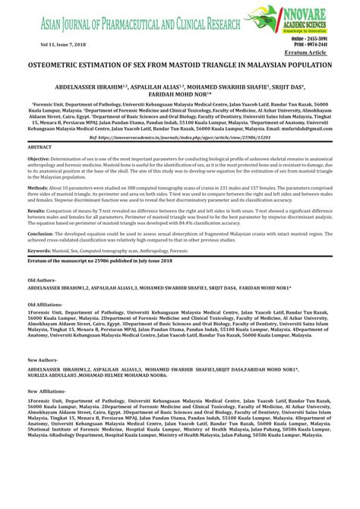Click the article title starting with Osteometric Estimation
tap(179, 66)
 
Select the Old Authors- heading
tap(46, 323)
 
